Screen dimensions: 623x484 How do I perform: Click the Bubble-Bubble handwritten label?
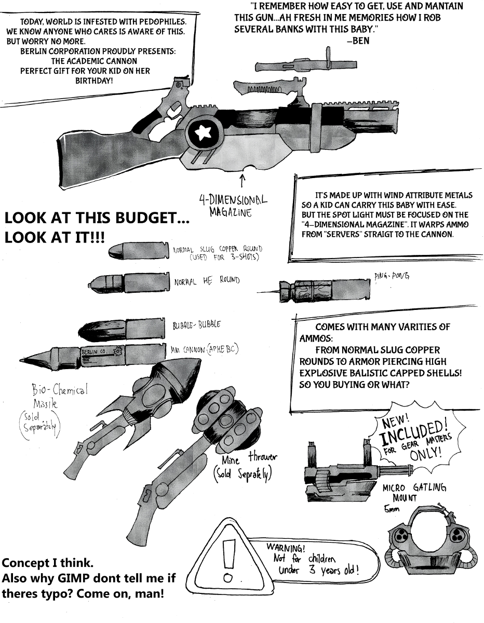pyautogui.click(x=196, y=326)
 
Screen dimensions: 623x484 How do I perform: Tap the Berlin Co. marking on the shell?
pyautogui.click(x=95, y=352)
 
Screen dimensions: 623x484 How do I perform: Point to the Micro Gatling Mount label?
pyautogui.click(x=414, y=494)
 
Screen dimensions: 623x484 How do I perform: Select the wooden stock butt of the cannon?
pyautogui.click(x=83, y=156)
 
